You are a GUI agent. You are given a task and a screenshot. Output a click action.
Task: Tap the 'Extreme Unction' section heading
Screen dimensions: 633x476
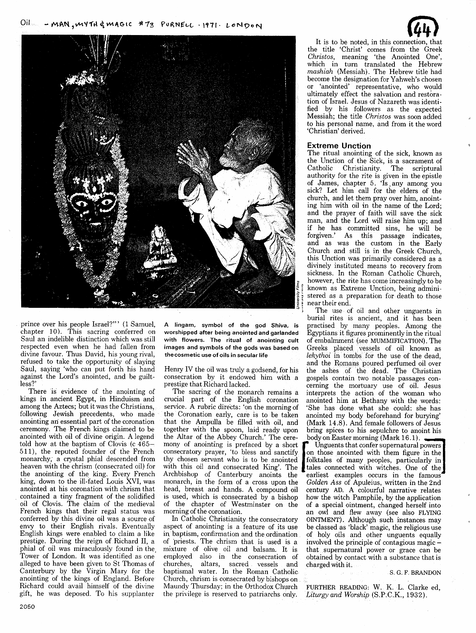click(x=339, y=146)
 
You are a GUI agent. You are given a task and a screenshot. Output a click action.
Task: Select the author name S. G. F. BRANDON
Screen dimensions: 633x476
click(x=413, y=573)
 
